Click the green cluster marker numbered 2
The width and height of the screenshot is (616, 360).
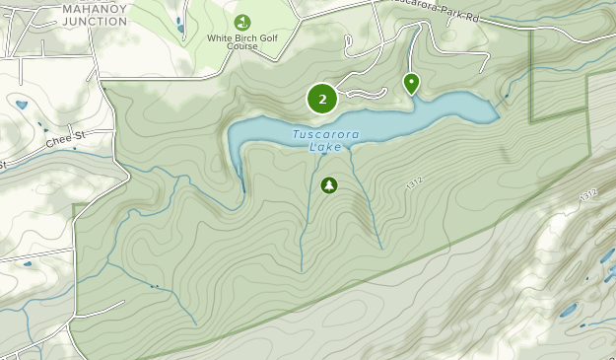322,99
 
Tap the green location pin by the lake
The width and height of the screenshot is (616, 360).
411,83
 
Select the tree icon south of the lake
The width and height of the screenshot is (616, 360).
328,184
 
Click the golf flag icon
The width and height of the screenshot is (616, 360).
242,22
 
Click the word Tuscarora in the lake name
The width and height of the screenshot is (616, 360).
325,135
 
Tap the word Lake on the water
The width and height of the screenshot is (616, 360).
325,148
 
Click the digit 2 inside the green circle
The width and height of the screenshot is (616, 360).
322,99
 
